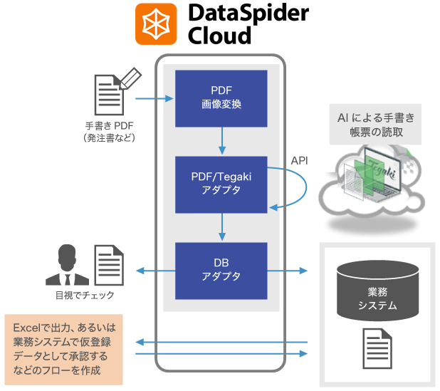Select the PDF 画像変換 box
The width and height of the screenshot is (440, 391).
click(x=221, y=97)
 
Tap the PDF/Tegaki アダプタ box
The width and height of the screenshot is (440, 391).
click(x=221, y=184)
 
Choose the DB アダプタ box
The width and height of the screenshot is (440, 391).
click(x=221, y=270)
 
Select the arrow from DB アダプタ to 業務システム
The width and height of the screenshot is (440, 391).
click(x=288, y=271)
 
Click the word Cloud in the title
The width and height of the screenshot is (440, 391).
click(x=220, y=35)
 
